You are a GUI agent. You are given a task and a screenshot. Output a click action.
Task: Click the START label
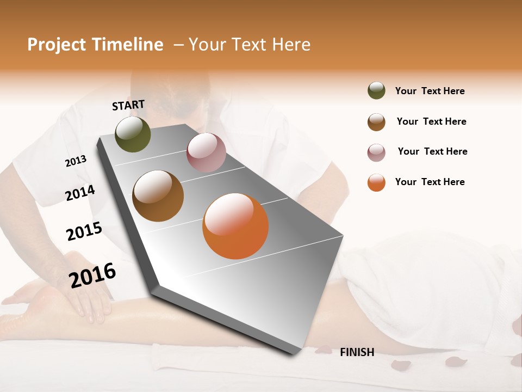click(x=128, y=105)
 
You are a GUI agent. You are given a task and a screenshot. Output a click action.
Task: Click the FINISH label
click(x=357, y=352)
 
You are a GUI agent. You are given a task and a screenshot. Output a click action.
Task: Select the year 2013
click(x=76, y=161)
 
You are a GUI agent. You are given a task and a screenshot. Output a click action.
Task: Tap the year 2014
click(x=80, y=193)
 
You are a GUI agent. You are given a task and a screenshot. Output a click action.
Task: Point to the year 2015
click(x=84, y=232)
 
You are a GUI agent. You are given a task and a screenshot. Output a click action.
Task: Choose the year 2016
click(x=92, y=275)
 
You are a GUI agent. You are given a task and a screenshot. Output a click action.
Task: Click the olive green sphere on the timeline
click(x=133, y=134)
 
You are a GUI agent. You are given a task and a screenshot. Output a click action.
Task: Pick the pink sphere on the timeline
click(x=206, y=152)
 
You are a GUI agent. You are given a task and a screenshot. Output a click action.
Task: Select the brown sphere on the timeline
click(x=158, y=196)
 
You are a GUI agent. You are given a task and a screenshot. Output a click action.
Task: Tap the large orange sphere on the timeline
click(x=235, y=226)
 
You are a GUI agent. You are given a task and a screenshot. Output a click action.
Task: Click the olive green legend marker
click(x=376, y=91)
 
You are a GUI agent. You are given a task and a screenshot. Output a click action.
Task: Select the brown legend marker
click(x=376, y=122)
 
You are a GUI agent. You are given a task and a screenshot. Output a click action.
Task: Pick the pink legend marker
click(x=376, y=152)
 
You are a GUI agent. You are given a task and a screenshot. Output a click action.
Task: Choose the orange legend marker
click(x=376, y=182)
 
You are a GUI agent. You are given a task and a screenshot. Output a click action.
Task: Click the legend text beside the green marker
click(x=430, y=91)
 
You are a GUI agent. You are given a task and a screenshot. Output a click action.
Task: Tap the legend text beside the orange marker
click(x=430, y=182)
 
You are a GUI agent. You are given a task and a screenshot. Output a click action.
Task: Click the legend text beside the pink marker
click(x=432, y=151)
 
